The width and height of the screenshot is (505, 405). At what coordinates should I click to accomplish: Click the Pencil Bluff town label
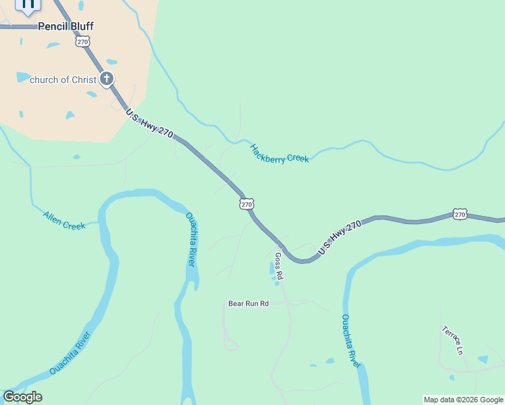tap(65, 26)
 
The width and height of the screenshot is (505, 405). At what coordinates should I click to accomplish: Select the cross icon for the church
tap(106, 80)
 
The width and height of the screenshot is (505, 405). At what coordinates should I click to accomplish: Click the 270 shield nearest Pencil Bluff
tap(82, 42)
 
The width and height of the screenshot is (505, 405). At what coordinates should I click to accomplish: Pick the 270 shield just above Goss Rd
tap(246, 203)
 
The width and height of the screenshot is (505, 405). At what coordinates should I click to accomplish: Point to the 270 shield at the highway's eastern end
tap(460, 214)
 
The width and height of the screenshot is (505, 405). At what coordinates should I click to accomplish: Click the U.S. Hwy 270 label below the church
tap(150, 124)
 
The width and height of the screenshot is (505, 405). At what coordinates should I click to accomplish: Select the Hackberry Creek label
tap(280, 154)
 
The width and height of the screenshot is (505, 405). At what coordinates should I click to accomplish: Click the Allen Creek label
tap(64, 221)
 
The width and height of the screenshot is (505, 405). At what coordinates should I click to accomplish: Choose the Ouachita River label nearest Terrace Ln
tap(350, 341)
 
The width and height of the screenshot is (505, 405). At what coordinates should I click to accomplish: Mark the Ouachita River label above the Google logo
tap(70, 353)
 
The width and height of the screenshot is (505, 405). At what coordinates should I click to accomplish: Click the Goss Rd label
tap(278, 267)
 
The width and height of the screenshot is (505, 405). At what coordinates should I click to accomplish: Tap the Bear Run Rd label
tap(248, 304)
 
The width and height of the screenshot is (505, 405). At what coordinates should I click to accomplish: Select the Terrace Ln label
tap(452, 340)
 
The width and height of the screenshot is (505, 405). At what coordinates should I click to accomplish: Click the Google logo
tap(22, 397)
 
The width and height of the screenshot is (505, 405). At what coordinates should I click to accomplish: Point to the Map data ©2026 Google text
tap(464, 400)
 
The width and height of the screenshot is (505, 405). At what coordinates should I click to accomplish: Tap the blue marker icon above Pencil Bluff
tap(28, 5)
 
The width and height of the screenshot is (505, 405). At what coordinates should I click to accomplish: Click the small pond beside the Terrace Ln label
tap(483, 359)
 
